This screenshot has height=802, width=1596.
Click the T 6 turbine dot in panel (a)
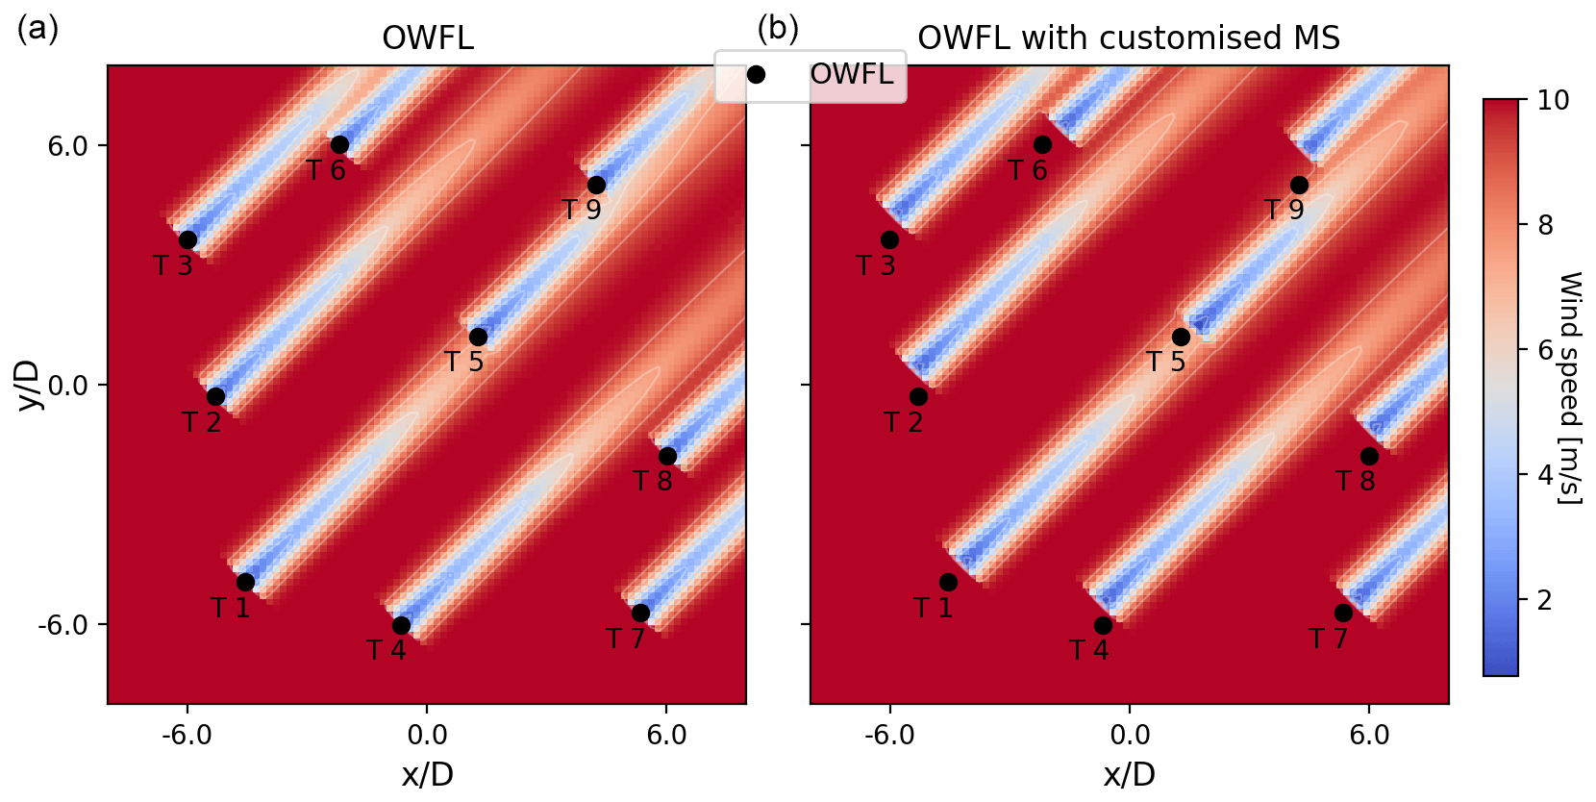coord(339,145)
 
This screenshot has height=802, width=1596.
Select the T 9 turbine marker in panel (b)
coord(1299,185)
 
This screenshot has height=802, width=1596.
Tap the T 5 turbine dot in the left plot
coord(478,337)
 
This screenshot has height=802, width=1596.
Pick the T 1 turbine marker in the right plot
coord(948,582)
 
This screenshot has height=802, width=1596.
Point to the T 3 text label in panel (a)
coord(173,265)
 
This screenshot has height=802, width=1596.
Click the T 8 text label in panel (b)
coord(1356,481)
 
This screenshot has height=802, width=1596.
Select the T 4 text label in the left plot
coord(387,651)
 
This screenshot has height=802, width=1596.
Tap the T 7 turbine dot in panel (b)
coord(1343,613)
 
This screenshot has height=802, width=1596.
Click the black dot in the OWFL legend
coord(757,74)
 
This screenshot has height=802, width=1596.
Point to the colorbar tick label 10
coord(1553,100)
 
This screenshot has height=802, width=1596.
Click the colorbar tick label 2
coord(1544,600)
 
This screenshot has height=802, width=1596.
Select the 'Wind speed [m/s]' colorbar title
coord(1569,388)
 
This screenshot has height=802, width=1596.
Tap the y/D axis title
coord(29,385)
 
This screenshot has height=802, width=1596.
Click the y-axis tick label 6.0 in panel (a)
coord(67,146)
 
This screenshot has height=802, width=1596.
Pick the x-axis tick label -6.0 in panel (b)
coord(889,736)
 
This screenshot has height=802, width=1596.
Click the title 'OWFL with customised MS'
coord(1129,38)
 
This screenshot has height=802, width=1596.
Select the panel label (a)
coord(38,29)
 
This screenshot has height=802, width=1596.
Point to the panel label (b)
coord(778,29)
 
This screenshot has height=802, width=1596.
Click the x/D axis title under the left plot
coord(427,774)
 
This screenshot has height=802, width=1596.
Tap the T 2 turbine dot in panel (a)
coord(215,396)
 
